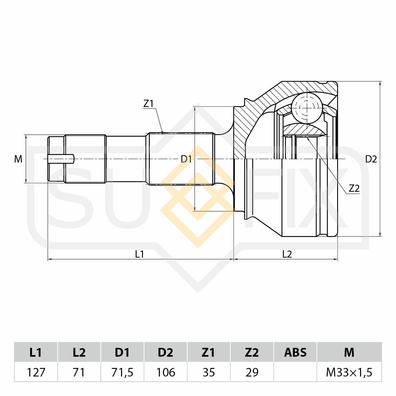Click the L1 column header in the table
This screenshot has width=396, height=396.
click(x=36, y=352)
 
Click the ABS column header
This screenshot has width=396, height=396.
click(x=295, y=352)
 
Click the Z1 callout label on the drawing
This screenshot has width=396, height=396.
click(x=148, y=104)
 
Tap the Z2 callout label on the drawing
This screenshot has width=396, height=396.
click(x=354, y=188)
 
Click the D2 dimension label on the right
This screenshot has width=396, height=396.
click(x=371, y=159)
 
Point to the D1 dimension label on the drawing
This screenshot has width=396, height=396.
click(x=186, y=159)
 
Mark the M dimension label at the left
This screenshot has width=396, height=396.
click(x=18, y=159)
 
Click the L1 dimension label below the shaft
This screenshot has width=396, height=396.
click(x=140, y=254)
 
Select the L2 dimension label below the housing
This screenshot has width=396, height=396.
click(x=287, y=254)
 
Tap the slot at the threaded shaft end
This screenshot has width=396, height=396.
click(x=61, y=159)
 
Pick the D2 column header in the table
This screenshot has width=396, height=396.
click(x=166, y=352)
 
